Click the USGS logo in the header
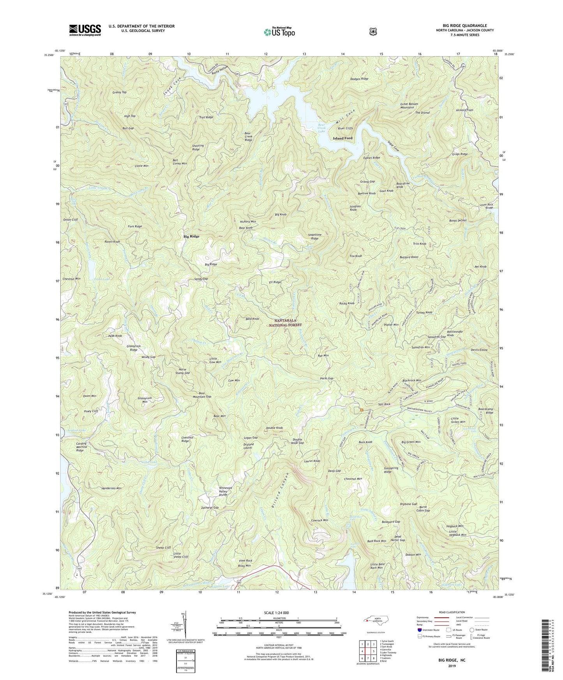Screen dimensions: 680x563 85,30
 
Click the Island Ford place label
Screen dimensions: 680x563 342,138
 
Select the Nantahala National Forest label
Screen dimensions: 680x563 288,322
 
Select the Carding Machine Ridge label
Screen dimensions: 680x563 81,447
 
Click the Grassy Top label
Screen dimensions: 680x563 119,92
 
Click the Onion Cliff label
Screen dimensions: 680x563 71,220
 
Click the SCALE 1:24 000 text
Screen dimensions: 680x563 278,613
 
